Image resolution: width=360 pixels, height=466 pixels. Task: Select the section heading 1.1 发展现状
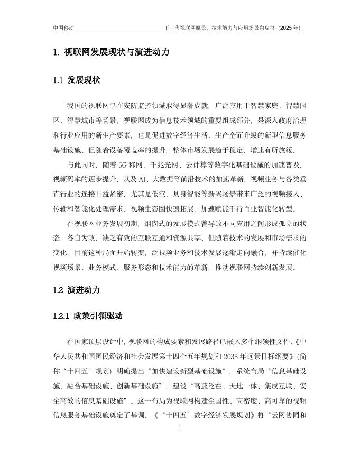(x=77, y=80)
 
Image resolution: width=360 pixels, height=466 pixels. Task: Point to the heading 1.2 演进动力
(x=77, y=290)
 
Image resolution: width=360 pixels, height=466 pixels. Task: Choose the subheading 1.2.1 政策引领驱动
(x=88, y=316)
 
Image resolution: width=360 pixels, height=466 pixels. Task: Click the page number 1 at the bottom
(x=180, y=427)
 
